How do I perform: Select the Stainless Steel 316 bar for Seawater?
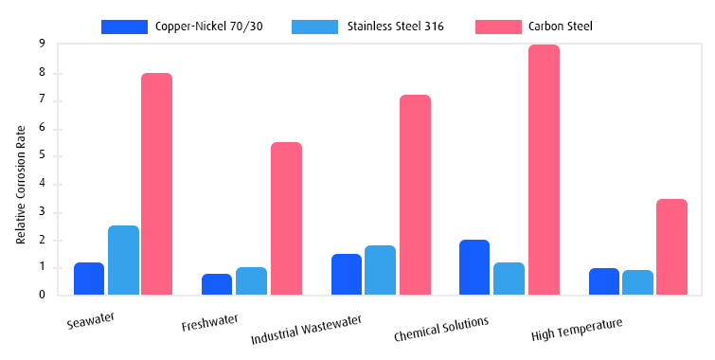coord(123,261)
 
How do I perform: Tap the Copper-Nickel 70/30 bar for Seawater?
coord(89,279)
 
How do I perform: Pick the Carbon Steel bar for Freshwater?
coord(286,219)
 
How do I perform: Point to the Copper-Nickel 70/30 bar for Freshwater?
coord(218,284)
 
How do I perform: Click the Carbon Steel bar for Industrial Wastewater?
coord(415,195)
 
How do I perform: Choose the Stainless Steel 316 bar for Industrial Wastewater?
coord(381,270)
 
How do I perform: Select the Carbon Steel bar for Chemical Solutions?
coord(544,171)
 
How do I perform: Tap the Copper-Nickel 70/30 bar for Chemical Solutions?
coord(474,267)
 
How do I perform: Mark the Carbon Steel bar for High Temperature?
coord(671,246)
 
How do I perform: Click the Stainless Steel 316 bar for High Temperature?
coord(637,282)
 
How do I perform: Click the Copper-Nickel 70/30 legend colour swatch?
coord(124,27)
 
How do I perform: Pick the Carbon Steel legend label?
coord(561,27)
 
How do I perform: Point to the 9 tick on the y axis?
coord(42,45)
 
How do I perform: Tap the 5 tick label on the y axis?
coord(42,156)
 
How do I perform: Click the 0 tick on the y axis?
coord(42,295)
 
